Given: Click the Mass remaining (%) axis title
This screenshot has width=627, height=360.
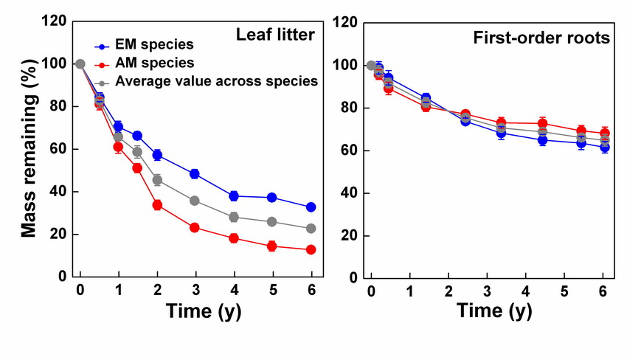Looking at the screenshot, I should tap(29, 150).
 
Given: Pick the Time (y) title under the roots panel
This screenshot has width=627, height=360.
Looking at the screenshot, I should tap(493, 311).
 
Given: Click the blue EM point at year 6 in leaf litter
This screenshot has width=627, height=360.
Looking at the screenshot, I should tap(311, 207).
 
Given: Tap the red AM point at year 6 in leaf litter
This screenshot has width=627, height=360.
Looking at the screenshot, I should tap(311, 250).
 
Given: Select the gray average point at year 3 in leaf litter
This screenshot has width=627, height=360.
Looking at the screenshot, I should tap(195, 201).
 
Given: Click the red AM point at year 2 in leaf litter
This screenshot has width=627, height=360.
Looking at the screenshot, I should tap(157, 205).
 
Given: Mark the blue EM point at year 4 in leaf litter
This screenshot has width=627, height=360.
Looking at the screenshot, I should tap(234, 196).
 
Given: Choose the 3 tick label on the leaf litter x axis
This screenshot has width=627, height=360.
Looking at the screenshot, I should tap(195, 290).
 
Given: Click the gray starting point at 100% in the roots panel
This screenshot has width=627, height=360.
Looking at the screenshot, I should tap(371, 66).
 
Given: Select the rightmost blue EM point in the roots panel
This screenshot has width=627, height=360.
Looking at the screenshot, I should tap(605, 148).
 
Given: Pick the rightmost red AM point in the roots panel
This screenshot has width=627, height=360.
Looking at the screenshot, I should tap(605, 134).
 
